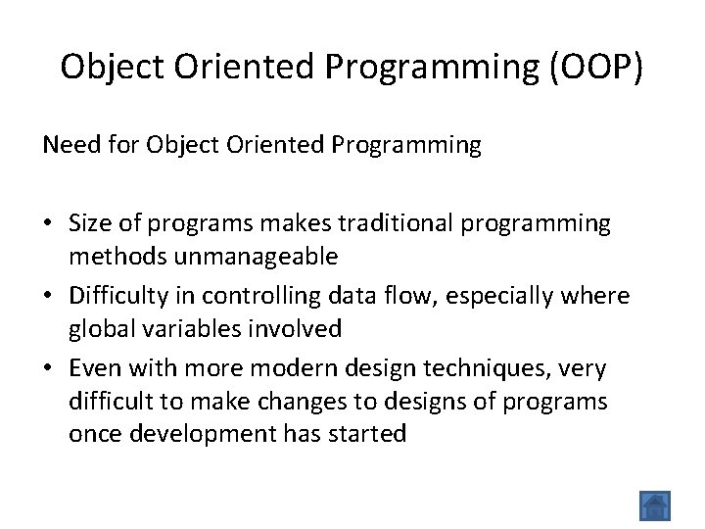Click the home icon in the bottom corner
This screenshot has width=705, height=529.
click(654, 505)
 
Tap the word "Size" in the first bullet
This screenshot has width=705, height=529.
click(91, 223)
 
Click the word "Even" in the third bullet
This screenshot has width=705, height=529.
click(94, 368)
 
